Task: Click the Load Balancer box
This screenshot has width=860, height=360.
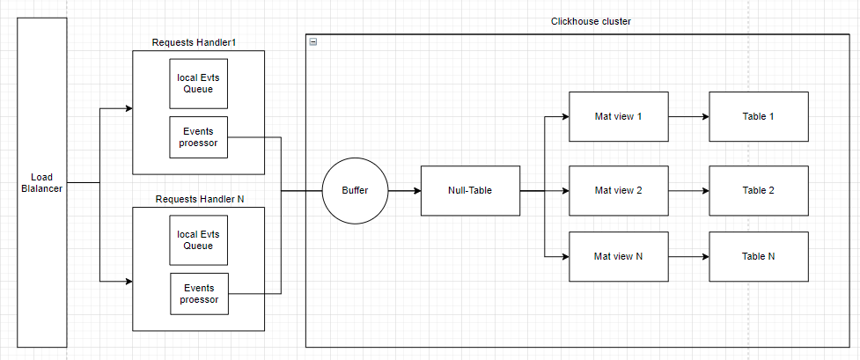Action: [41, 182]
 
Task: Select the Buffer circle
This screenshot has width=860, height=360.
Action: [355, 190]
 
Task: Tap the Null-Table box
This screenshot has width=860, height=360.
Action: [470, 190]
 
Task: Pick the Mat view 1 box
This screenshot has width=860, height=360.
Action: [619, 116]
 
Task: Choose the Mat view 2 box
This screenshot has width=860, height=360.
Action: [619, 190]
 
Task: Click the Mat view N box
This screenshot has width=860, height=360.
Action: [619, 256]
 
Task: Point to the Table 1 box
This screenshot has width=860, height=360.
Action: [759, 116]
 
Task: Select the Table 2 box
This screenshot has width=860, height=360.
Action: [759, 190]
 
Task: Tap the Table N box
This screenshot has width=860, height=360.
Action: [759, 256]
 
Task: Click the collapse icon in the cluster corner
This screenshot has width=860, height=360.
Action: [313, 41]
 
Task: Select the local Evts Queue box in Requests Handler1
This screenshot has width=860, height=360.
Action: [198, 84]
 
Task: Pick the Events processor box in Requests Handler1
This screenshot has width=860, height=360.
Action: [198, 137]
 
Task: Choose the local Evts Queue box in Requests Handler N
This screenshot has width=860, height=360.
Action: [198, 240]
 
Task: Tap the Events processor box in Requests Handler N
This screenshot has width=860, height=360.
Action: [198, 294]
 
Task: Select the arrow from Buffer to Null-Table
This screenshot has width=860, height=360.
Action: [404, 190]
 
